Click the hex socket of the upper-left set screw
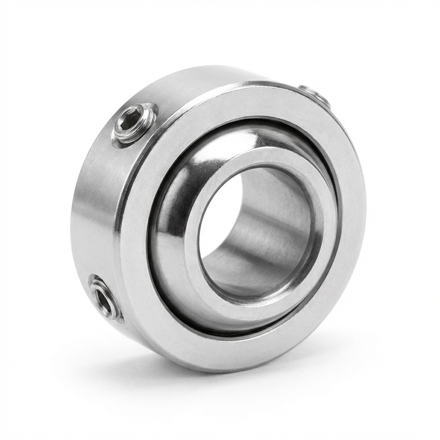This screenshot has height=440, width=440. pos(134,122)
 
